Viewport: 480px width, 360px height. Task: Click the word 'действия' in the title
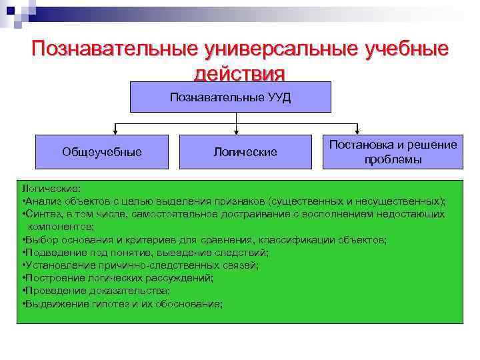point(239,72)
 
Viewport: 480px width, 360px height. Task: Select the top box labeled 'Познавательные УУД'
point(230,97)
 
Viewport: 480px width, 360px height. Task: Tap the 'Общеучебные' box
point(102,152)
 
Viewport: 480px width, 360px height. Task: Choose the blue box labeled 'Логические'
point(245,152)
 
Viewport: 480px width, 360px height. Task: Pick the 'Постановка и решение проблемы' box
point(393,152)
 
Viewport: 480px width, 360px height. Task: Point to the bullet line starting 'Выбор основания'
point(203,239)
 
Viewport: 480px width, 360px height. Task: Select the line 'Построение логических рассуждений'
point(119,277)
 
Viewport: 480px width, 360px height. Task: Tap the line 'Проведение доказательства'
point(97,291)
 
